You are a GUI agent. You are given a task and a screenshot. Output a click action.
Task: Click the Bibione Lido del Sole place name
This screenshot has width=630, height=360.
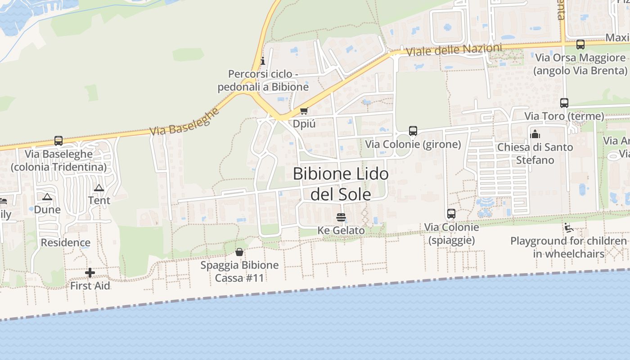click(341, 184)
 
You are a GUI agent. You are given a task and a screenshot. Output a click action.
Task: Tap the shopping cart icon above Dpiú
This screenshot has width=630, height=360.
click(304, 111)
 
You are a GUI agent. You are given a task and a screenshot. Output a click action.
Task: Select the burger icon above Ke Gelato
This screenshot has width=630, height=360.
click(341, 217)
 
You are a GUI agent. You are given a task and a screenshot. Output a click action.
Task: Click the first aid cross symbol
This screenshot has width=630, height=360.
click(90, 273)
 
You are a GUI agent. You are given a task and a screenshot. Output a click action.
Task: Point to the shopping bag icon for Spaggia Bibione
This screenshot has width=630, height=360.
click(239, 252)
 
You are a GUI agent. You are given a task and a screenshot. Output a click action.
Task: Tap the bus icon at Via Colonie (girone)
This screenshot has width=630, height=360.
click(413, 131)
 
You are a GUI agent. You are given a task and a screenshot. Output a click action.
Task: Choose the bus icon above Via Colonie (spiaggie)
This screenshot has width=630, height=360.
click(451, 214)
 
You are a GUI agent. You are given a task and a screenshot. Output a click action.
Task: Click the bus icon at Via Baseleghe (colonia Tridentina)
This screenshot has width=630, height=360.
click(58, 141)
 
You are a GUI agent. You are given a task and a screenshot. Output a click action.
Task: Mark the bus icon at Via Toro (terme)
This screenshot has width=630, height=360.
click(564, 103)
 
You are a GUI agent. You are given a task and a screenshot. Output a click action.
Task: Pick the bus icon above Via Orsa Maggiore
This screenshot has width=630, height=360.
click(580, 45)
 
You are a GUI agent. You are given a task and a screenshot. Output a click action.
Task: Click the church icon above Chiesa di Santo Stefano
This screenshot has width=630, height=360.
click(535, 134)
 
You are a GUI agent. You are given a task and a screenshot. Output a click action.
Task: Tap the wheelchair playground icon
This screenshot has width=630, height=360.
click(569, 228)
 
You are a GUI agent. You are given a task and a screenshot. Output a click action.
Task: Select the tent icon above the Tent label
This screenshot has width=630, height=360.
click(99, 188)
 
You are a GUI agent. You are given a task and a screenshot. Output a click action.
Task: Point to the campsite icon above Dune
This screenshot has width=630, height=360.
click(47, 197)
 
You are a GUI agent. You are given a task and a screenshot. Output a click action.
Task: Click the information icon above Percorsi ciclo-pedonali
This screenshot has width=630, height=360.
click(263, 61)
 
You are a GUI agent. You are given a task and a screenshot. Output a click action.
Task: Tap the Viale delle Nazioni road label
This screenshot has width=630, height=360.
click(454, 49)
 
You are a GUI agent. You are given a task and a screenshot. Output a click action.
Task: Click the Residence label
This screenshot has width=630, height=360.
click(66, 243)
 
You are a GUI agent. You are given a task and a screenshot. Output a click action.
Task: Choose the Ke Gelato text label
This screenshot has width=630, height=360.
click(341, 230)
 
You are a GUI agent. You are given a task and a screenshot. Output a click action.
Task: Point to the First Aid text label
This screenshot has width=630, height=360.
click(90, 286)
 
